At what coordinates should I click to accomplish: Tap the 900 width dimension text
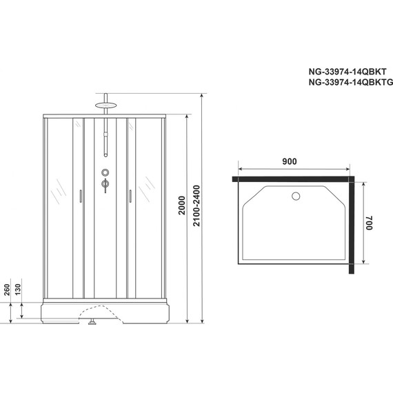coord(290,161)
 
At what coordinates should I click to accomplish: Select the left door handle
coord(81,196)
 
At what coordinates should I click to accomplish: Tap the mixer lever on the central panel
coord(105,184)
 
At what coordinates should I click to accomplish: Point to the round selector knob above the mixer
coord(105,172)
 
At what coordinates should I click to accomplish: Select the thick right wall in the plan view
coord(352,224)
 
